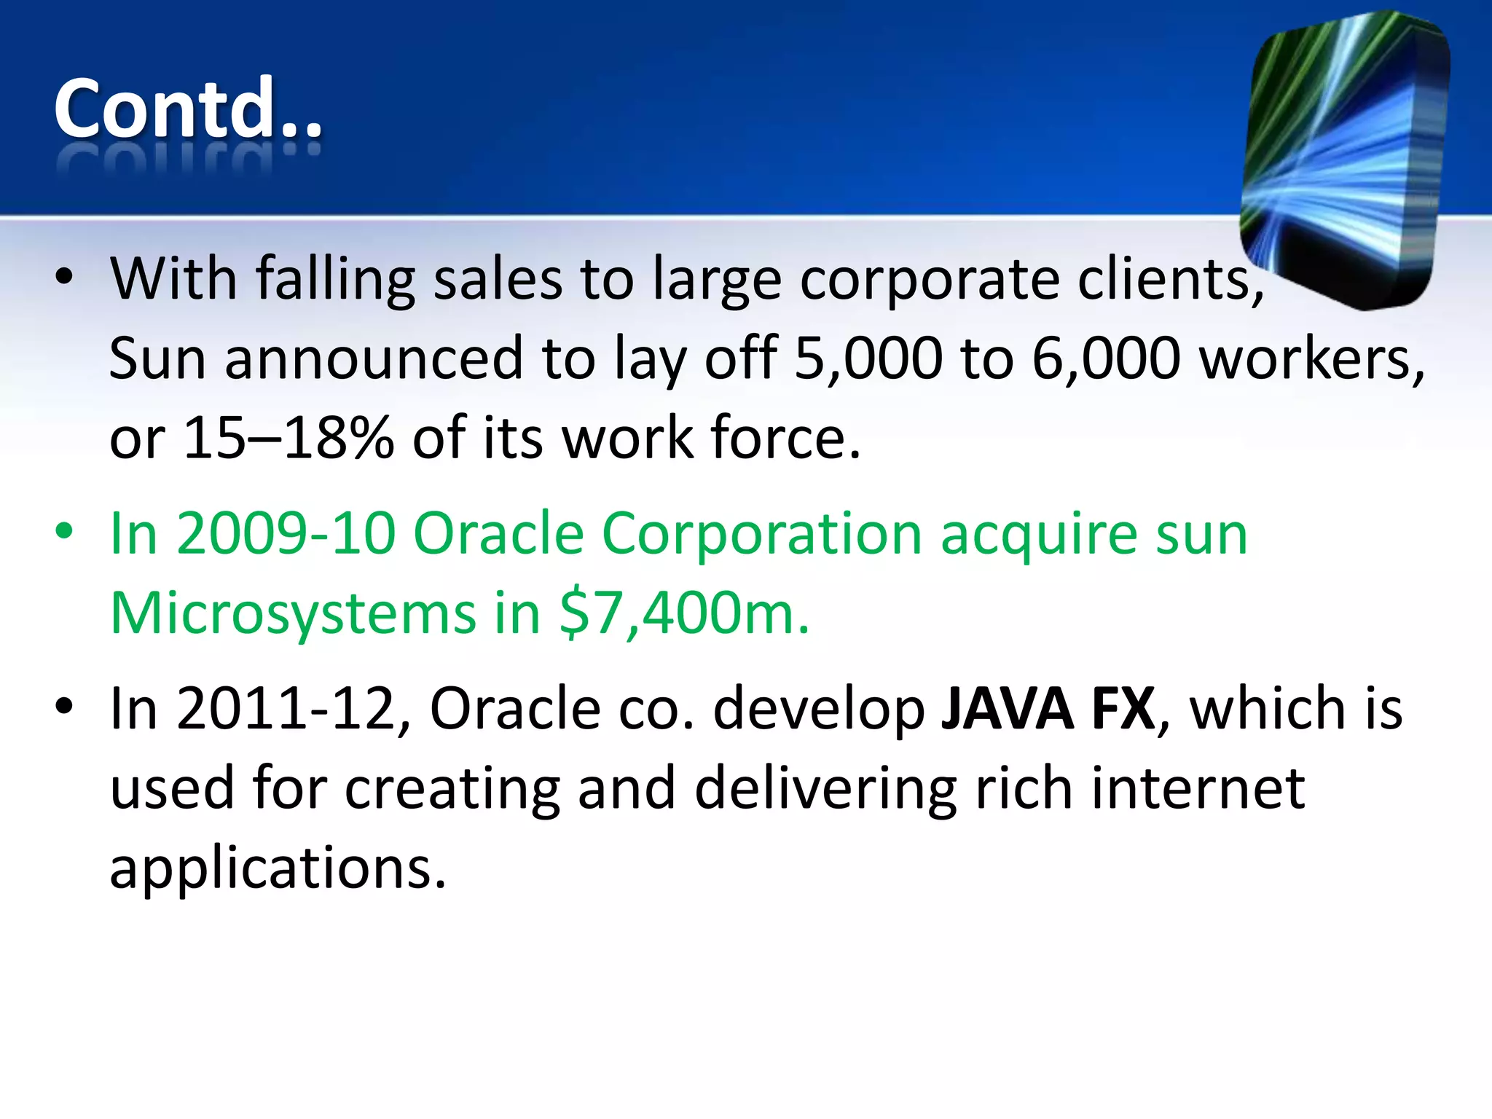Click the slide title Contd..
tap(188, 109)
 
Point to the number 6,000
tap(1106, 358)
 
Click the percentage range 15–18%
tap(288, 439)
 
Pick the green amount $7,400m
tap(684, 613)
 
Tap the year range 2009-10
tap(286, 534)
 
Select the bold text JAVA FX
tap(1048, 709)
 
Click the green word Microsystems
tap(293, 613)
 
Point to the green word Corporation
tap(762, 534)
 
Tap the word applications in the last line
tap(277, 868)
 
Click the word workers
tap(1311, 358)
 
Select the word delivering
tap(825, 789)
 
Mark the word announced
tap(374, 358)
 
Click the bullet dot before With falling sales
tap(64, 277)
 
